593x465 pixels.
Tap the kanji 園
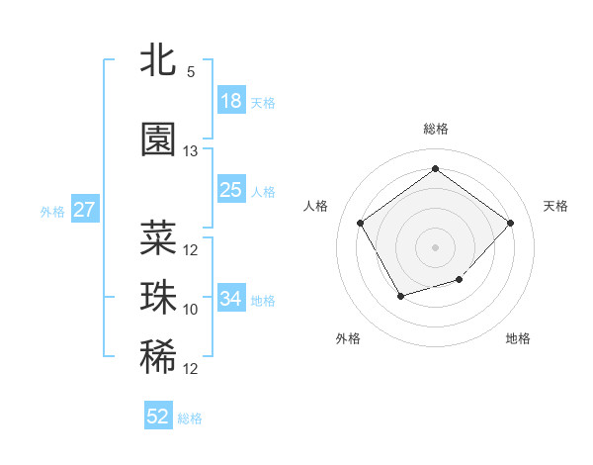click(158, 140)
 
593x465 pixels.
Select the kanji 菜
click(158, 237)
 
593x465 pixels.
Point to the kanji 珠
click(158, 298)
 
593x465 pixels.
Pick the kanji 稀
click(158, 357)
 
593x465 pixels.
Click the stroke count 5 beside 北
click(191, 72)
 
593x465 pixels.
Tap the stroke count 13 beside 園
click(191, 151)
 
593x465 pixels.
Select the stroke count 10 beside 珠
click(191, 310)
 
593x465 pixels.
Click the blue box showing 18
click(230, 101)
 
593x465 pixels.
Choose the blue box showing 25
click(230, 190)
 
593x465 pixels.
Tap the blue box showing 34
click(230, 299)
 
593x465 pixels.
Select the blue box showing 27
click(84, 210)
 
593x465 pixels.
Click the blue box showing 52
click(158, 417)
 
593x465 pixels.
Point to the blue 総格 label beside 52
click(190, 418)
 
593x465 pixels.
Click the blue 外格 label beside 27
click(52, 211)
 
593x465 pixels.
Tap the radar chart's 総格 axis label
click(435, 129)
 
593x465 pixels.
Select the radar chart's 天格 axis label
click(555, 206)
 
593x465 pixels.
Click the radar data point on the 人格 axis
click(361, 222)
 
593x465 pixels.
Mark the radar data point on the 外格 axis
click(399, 296)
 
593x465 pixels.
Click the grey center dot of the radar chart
click(435, 246)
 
